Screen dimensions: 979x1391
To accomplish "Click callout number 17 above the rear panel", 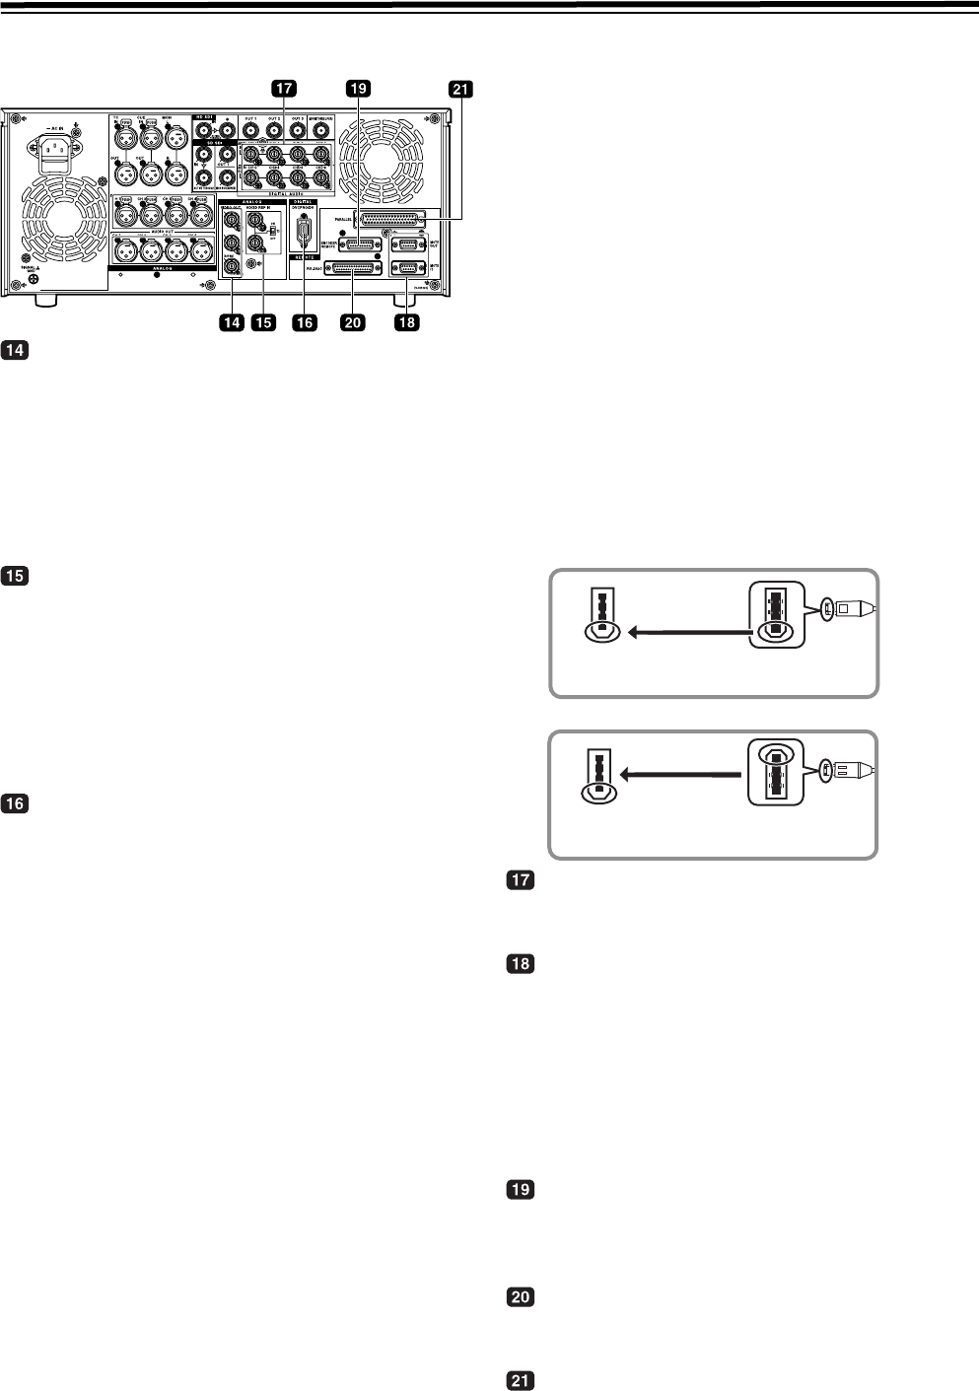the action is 285,90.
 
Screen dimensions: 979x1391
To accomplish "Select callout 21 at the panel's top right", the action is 460,90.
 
